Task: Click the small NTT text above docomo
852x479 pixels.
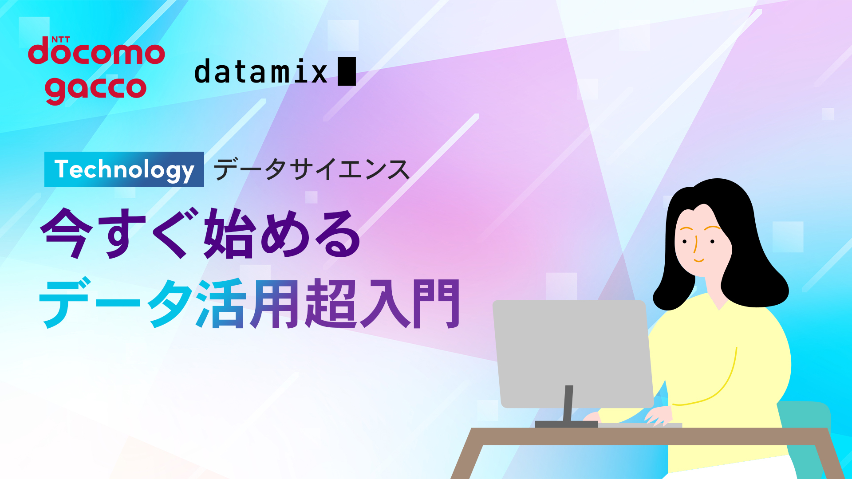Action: pos(61,39)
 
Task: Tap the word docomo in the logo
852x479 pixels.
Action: pos(96,52)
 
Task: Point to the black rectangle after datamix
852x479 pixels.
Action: pos(347,71)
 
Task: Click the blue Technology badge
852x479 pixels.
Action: pos(124,169)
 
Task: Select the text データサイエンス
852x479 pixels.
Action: pos(312,169)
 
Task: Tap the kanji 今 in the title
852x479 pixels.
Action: pos(67,233)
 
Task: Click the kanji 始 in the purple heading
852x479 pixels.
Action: pos(230,233)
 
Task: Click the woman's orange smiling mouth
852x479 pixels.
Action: pos(698,260)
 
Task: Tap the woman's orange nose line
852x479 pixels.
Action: pos(695,244)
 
